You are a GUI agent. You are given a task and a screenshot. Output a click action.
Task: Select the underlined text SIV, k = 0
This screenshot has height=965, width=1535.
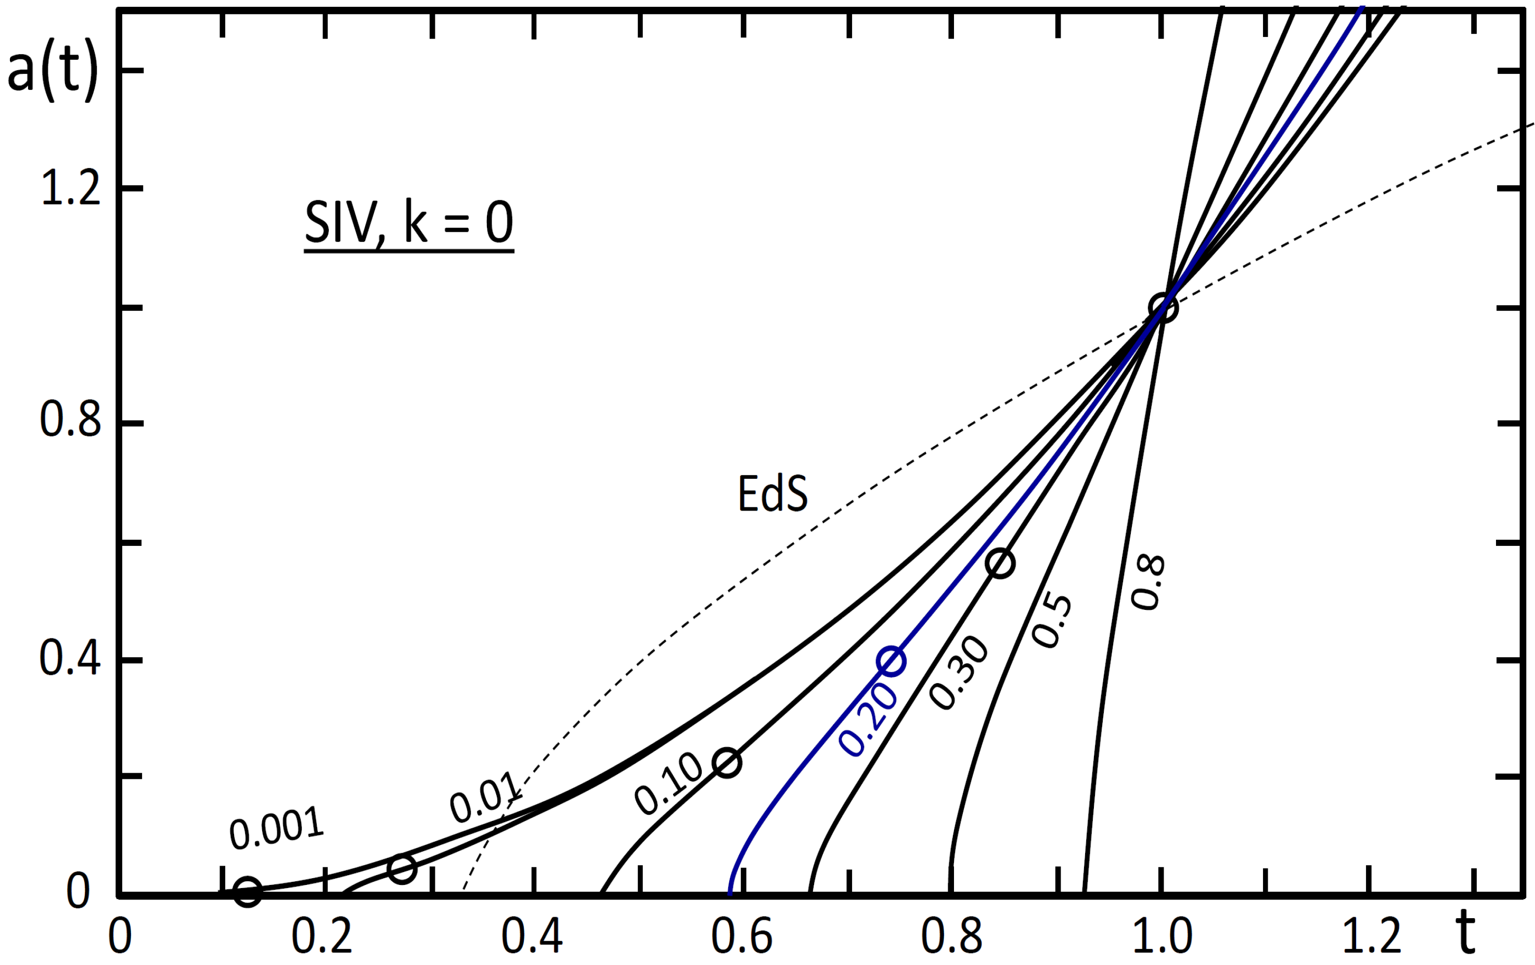point(409,224)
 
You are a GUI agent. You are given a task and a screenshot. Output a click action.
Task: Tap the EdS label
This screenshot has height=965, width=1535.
point(772,494)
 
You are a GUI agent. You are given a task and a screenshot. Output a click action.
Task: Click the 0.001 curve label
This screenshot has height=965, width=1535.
point(277,828)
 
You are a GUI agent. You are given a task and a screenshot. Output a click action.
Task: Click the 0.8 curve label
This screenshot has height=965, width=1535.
point(1148,582)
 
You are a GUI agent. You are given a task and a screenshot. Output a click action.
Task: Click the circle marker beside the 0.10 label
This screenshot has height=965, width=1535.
point(727,762)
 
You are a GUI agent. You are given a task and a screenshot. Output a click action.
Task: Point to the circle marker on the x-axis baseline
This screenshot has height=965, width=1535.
point(247,892)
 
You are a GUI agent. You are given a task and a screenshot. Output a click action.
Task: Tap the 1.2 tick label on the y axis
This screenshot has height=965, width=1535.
point(70,189)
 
